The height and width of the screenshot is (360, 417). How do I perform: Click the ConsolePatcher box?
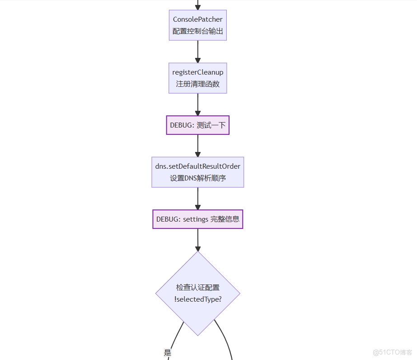coord(197,25)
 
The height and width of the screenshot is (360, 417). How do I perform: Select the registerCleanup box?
coord(197,78)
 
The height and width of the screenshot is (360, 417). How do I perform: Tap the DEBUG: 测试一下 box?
coord(197,125)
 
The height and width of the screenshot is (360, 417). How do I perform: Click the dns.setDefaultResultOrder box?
coord(197,172)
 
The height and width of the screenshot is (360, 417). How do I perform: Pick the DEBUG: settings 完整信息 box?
coord(197,219)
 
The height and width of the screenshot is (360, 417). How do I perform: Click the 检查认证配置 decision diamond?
coord(197,294)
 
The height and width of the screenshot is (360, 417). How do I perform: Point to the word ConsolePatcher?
coord(197,19)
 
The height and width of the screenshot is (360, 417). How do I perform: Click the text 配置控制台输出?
coord(197,32)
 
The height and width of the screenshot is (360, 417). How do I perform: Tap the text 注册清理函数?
coord(197,84)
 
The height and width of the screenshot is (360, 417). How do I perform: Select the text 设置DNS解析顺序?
coord(197,178)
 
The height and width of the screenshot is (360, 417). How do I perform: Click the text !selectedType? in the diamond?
coord(197,299)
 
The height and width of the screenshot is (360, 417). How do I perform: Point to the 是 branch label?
coord(168,353)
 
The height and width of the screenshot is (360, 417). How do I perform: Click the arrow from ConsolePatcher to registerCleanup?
coord(197,51)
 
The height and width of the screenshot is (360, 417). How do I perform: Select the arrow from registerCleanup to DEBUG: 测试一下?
coord(197,104)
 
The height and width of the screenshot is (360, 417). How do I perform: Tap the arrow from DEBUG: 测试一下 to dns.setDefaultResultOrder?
coord(197,146)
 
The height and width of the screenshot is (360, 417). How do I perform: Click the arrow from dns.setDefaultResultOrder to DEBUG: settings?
coord(197,198)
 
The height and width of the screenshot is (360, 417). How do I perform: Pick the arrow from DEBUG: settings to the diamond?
coord(197,240)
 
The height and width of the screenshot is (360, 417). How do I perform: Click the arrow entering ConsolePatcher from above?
coord(197,5)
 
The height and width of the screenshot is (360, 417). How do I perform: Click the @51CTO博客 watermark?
coord(393,352)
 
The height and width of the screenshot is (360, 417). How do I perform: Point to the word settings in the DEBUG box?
coord(195,219)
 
